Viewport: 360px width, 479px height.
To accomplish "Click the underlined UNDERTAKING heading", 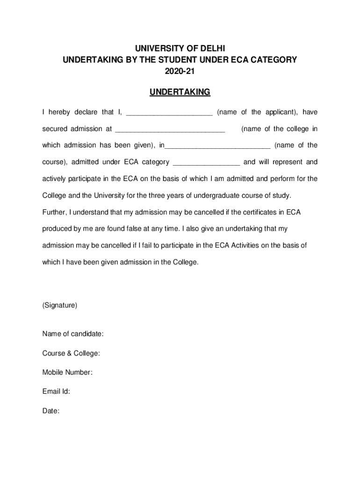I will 180,92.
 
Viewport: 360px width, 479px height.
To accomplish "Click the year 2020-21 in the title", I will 180,72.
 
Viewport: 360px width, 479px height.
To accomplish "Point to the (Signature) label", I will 60,305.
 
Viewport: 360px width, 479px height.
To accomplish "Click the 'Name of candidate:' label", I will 73,334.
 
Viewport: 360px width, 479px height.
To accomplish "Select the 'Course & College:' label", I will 71,353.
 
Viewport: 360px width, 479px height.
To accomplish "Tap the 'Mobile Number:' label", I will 67,372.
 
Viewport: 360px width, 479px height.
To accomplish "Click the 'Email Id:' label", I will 56,392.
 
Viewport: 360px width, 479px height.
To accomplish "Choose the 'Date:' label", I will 51,411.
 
